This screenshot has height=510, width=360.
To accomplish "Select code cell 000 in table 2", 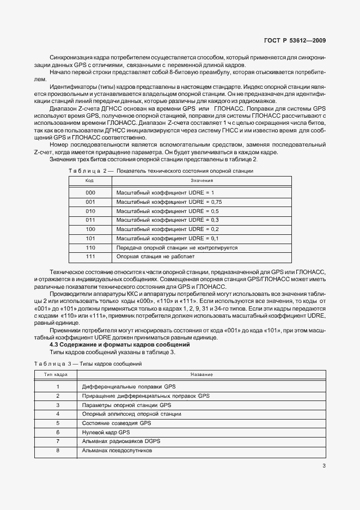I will (x=90, y=193).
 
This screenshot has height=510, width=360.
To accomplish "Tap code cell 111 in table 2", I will (x=90, y=256).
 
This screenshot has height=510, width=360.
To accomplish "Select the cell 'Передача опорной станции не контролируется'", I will (x=177, y=247).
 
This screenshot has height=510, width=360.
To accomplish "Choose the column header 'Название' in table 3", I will (x=202, y=374).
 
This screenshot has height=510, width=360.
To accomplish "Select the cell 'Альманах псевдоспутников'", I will (x=117, y=451).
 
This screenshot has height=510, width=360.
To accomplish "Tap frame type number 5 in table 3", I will (x=57, y=423).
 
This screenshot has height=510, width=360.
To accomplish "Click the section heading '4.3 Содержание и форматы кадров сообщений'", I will (x=119, y=344).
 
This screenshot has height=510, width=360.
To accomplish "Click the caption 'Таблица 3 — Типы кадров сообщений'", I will (x=89, y=363).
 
